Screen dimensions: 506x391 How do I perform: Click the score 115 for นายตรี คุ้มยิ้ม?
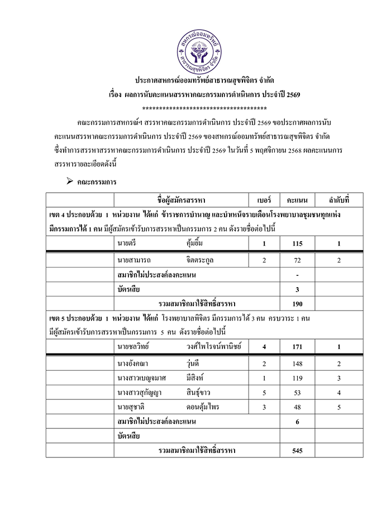(297, 244)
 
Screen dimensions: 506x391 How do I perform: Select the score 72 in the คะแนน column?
(297, 261)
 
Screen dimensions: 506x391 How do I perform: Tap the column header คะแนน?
(297, 199)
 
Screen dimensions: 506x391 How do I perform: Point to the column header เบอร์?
(264, 199)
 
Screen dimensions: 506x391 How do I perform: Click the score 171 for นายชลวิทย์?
(297, 347)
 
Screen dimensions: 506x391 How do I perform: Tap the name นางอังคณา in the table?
(132, 364)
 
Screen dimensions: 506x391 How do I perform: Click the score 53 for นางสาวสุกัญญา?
(297, 393)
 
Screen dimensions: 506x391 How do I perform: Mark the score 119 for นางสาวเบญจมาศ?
(297, 378)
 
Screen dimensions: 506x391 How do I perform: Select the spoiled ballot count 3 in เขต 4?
(297, 290)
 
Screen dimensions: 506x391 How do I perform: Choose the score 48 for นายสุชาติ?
(297, 407)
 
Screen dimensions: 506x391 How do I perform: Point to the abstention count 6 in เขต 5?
(297, 422)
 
